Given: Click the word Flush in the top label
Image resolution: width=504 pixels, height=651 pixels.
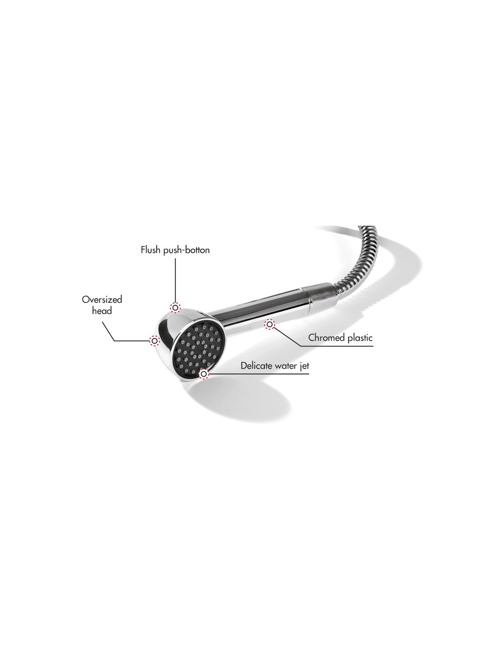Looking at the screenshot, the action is [x=151, y=250].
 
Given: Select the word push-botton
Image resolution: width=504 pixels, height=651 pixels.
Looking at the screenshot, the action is [x=186, y=250].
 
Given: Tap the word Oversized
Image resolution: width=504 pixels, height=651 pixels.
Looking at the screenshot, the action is [x=102, y=299].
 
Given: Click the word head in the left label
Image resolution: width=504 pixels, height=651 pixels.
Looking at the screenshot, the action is [x=102, y=311].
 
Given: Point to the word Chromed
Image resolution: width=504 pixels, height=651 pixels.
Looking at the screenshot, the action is [x=327, y=338].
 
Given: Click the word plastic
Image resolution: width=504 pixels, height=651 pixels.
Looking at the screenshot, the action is [x=360, y=338].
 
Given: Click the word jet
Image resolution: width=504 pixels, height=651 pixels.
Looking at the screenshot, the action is [x=305, y=366].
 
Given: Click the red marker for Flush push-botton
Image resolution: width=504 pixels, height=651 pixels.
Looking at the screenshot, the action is [x=175, y=308].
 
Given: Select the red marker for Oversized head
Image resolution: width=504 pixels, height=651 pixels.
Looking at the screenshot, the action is [x=155, y=341].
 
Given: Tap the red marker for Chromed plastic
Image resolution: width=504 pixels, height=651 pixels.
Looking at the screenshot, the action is [x=269, y=324].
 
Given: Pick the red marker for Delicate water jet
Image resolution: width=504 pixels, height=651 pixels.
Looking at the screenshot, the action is [x=204, y=374].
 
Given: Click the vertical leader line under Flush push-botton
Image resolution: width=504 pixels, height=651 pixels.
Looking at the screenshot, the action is [x=175, y=280].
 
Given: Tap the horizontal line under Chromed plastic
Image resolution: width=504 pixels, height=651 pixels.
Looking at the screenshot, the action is [x=337, y=346].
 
